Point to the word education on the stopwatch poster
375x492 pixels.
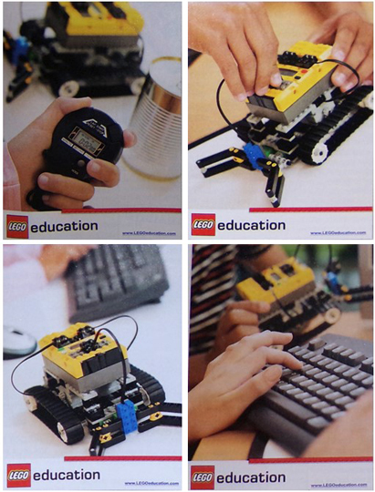click(x=64, y=225)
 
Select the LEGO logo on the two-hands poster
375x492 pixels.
click(x=203, y=225)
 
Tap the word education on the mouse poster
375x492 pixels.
click(x=65, y=474)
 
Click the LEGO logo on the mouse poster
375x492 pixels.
click(x=18, y=474)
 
